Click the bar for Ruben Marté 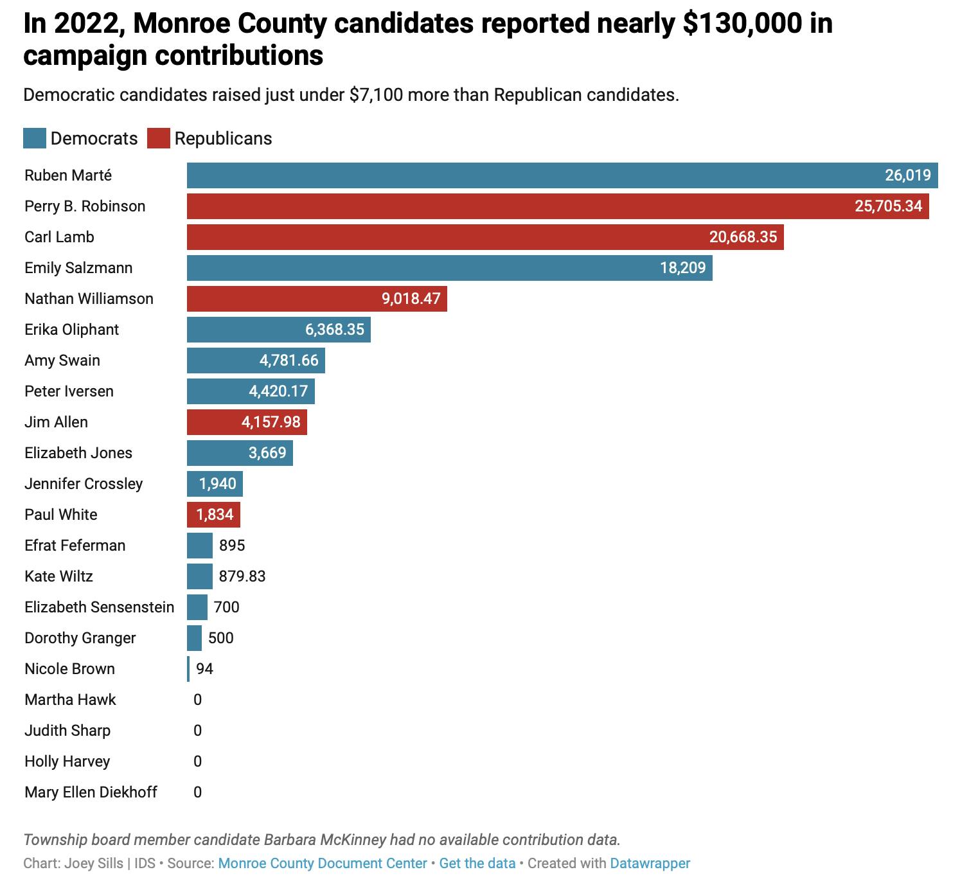click(562, 175)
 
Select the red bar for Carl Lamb click(485, 237)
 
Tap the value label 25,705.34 click(888, 206)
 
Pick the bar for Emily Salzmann click(450, 268)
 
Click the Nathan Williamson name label click(89, 299)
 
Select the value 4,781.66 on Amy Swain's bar click(289, 360)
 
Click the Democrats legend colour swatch click(35, 139)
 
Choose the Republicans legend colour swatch click(158, 139)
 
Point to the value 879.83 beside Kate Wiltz click(242, 576)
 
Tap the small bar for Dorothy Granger click(194, 638)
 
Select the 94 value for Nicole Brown click(204, 669)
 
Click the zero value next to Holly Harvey click(197, 761)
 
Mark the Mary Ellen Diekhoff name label click(91, 792)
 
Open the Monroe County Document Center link click(323, 863)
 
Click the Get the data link click(477, 863)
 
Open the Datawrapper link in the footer click(650, 863)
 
